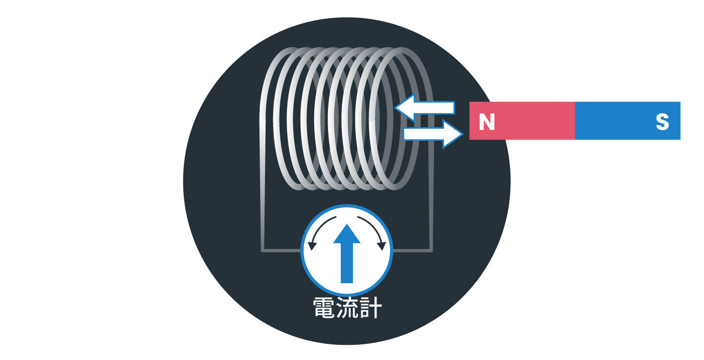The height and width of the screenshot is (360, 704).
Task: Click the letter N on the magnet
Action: (x=486, y=122)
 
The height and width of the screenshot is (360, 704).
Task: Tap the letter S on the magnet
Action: (x=662, y=122)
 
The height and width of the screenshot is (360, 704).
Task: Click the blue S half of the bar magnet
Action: (x=627, y=120)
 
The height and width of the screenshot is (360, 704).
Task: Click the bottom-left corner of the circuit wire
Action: (x=263, y=251)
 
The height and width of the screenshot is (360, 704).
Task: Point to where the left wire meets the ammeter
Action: (x=302, y=251)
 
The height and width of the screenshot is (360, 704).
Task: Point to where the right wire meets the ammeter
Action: (x=392, y=251)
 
